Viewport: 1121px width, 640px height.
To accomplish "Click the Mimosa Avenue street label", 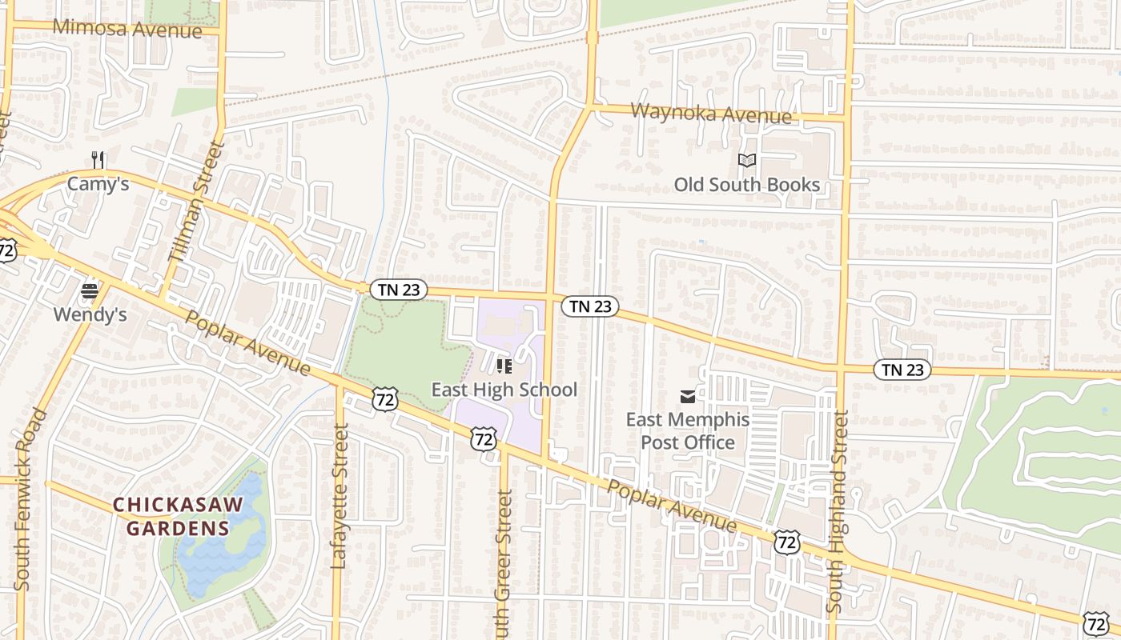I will point(127,29).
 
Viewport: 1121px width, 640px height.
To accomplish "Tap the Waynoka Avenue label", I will point(711,113).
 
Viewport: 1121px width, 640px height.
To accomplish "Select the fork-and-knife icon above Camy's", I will point(98,160).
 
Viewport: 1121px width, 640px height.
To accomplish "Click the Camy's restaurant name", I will point(98,184).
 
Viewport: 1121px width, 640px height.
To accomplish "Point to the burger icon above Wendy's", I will point(90,291).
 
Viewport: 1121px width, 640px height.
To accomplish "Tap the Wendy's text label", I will point(90,315).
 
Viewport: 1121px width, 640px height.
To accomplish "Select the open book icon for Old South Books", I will point(747,161).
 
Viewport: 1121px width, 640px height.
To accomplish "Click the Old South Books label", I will point(746,185).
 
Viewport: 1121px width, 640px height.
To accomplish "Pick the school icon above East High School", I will point(504,366).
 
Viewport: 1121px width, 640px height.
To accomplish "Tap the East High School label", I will point(504,390).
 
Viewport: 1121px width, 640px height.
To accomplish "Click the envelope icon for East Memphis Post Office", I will point(687,396).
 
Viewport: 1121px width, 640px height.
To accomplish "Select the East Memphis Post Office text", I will point(687,431).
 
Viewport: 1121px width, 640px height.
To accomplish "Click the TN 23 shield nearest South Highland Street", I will point(902,370).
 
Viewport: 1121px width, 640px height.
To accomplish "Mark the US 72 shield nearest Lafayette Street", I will point(385,398).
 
